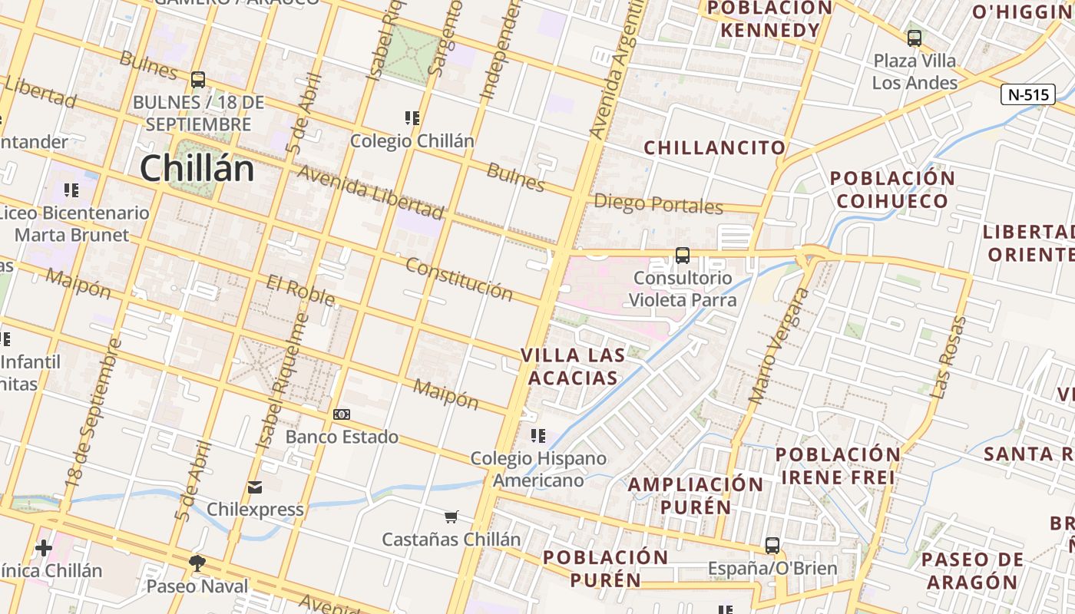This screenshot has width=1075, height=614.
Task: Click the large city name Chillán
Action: click(x=197, y=168)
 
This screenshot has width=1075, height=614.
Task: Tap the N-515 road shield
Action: click(x=1027, y=94)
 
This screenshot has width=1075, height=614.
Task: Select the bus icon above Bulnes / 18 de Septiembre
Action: click(x=198, y=79)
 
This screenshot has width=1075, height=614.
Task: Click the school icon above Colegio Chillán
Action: click(x=412, y=118)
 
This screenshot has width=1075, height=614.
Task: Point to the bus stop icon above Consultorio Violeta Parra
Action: click(x=682, y=255)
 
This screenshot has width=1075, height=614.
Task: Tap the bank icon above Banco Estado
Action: click(x=342, y=414)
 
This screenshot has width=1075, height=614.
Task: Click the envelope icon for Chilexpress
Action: click(x=255, y=487)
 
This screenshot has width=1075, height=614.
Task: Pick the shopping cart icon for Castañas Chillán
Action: click(x=451, y=517)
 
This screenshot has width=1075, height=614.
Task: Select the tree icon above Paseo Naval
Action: click(x=197, y=563)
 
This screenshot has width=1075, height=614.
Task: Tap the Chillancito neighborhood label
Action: click(x=714, y=147)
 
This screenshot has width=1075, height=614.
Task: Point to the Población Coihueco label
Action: click(x=892, y=190)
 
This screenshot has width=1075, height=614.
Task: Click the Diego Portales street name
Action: click(x=659, y=204)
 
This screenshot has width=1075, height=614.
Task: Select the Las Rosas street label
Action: click(x=948, y=358)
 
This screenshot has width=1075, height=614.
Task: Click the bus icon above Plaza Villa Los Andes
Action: click(x=914, y=38)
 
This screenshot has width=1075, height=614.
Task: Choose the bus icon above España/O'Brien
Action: click(x=772, y=546)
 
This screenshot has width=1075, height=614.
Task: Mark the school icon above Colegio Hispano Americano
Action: click(x=538, y=436)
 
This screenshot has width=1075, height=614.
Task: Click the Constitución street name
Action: click(x=458, y=279)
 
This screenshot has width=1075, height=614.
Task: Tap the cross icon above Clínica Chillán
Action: click(x=44, y=548)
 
